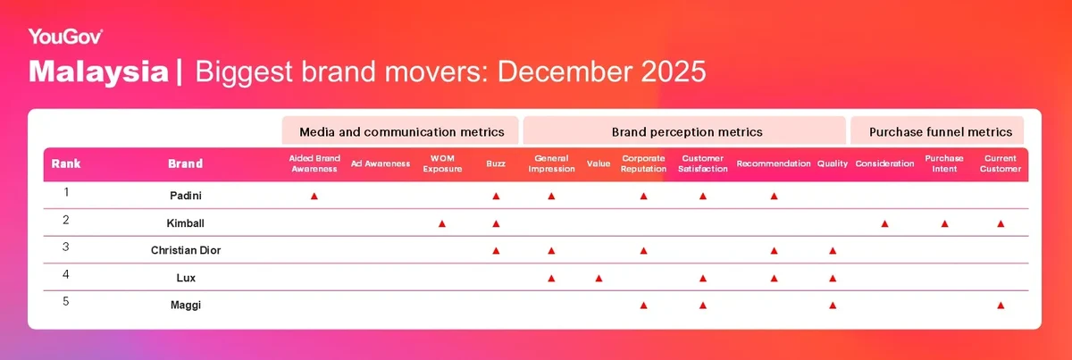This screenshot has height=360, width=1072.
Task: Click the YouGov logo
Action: click(65, 37)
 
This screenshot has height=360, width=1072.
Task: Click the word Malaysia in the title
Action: click(98, 71)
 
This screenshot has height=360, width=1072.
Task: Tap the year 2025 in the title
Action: click(673, 71)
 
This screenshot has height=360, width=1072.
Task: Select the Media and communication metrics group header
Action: click(401, 131)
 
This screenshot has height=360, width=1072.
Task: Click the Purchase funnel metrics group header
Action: click(941, 131)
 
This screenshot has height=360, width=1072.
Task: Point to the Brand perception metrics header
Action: click(687, 131)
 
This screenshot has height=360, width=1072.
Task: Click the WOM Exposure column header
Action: click(442, 163)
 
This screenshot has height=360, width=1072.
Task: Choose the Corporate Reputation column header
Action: click(643, 163)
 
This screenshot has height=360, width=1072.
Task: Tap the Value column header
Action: click(599, 163)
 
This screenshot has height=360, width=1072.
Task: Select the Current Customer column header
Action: click(1001, 163)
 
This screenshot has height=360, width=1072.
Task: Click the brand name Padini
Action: click(186, 196)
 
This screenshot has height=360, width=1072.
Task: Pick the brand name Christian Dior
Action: click(186, 250)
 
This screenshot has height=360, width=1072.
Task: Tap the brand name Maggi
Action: click(186, 305)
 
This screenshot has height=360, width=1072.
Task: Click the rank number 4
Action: click(66, 274)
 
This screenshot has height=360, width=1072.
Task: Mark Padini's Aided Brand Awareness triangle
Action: click(314, 197)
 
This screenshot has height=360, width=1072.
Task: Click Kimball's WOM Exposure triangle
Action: click(442, 223)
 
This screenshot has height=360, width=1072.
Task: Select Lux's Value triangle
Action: click(599, 278)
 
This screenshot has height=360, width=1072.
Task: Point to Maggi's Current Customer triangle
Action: click(1001, 306)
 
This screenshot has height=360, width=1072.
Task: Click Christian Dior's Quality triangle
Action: click(833, 251)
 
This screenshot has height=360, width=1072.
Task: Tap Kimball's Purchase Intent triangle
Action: click(945, 223)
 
